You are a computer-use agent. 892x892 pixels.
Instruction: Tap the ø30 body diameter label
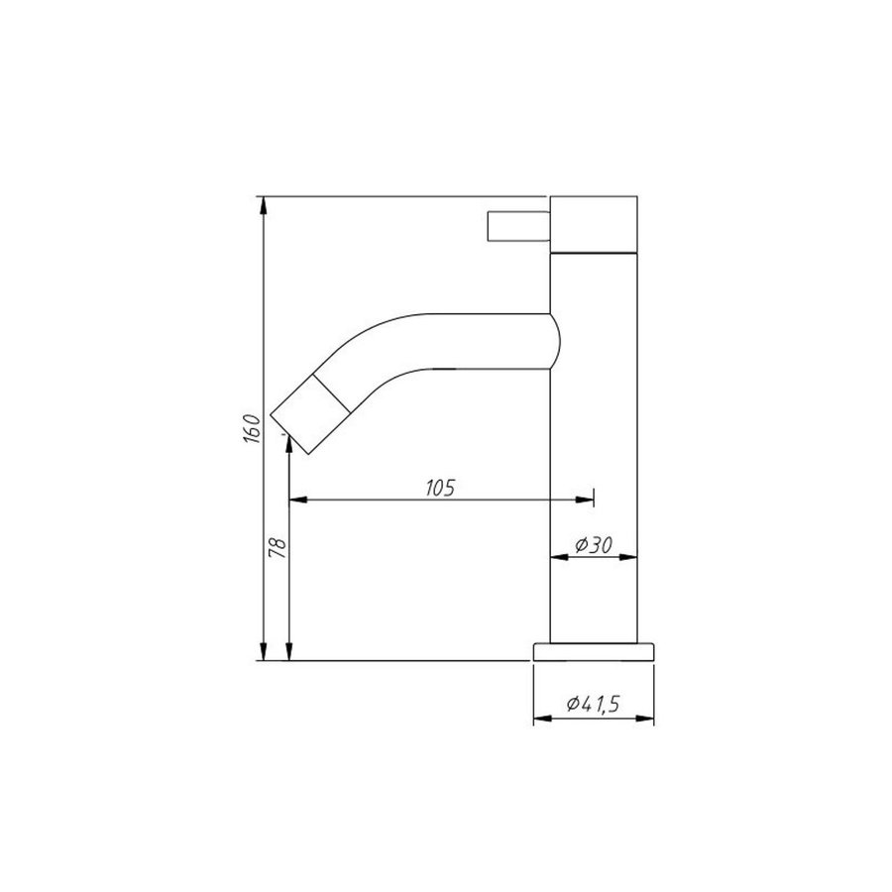593,544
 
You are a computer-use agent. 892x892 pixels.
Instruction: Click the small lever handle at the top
517,226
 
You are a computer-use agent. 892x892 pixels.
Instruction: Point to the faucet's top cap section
593,225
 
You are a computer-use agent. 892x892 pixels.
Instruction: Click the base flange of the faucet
595,650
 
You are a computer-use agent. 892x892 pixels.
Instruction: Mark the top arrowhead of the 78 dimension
288,448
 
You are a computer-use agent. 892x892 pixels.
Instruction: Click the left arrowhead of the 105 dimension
296,500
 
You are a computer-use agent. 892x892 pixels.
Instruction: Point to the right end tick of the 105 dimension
592,500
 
